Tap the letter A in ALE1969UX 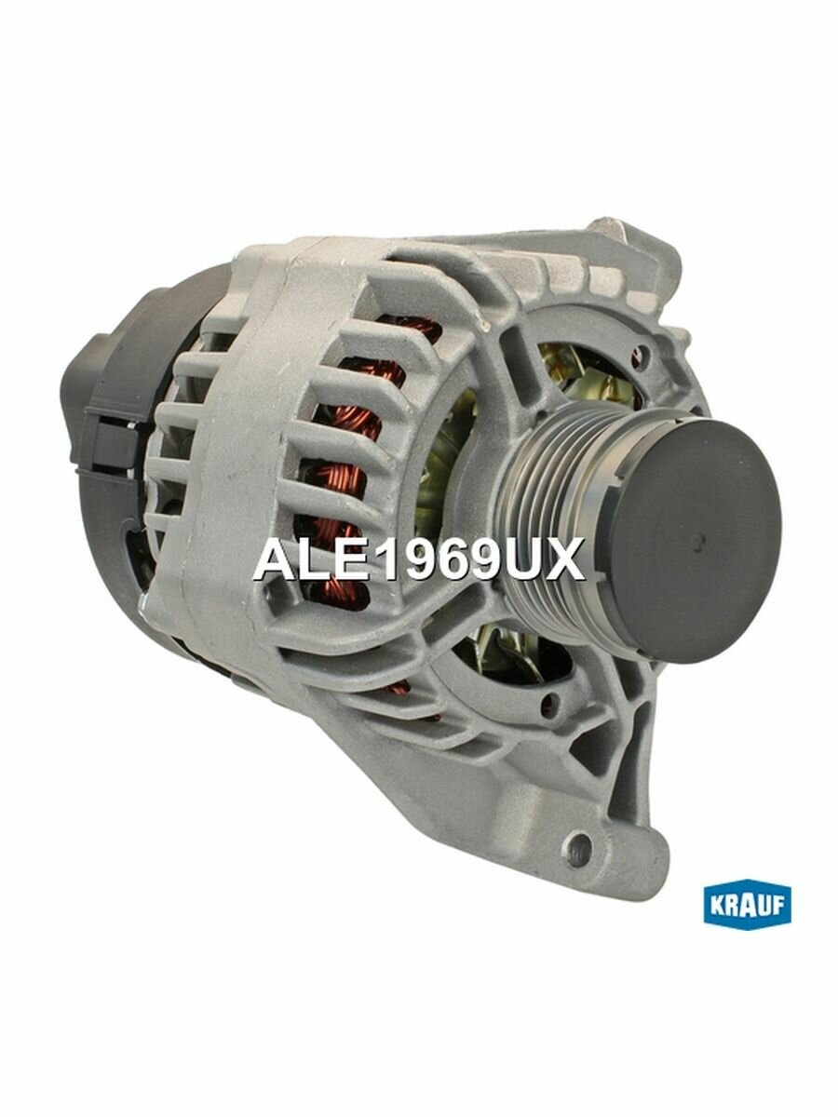(x=272, y=560)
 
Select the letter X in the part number (x=565, y=560)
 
